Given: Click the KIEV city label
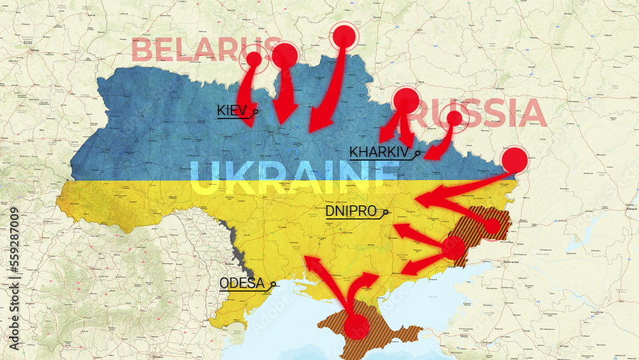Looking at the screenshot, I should click(231, 110).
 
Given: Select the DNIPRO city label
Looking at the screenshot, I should click(350, 211).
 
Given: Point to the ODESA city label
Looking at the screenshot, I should click(242, 283).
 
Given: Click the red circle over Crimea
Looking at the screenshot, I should click(357, 327).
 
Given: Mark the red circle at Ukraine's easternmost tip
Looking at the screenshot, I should click(514, 160).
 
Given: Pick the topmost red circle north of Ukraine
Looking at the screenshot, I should click(344, 36).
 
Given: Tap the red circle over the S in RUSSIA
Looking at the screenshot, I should click(454, 118).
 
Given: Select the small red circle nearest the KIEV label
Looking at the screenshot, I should click(254, 59).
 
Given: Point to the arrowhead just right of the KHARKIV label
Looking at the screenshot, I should click(432, 153).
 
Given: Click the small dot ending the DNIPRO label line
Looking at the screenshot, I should click(386, 212).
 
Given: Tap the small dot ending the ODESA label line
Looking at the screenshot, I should click(273, 284).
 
